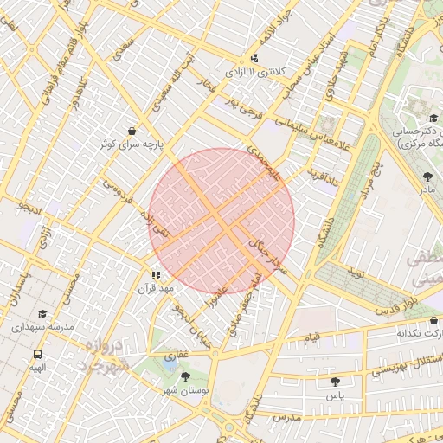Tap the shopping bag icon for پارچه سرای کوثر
[x=131, y=131]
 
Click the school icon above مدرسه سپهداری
[x=43, y=314]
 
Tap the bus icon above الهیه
[x=37, y=354]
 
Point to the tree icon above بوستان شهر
[x=185, y=376]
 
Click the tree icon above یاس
[x=334, y=380]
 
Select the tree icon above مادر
[x=428, y=176]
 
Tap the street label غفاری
[x=177, y=355]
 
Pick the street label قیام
[x=311, y=336]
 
